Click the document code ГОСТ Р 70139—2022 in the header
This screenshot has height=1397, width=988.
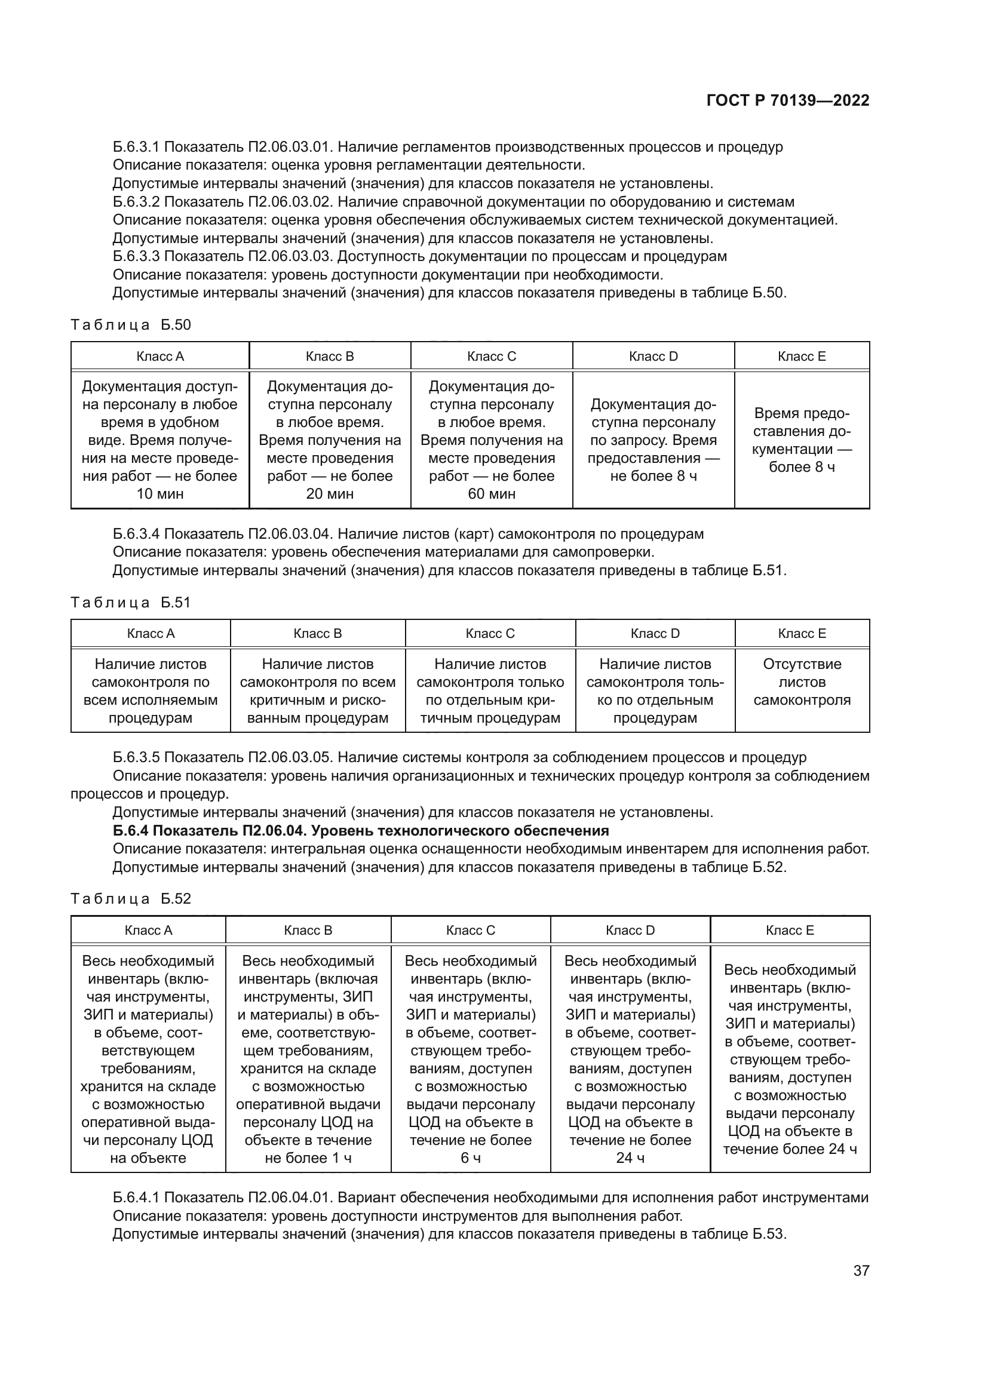[787, 101]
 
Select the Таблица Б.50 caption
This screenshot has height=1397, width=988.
[131, 325]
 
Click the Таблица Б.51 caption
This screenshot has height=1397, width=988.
[131, 603]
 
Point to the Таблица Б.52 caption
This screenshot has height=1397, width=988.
[131, 899]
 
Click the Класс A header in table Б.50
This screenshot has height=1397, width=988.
[160, 357]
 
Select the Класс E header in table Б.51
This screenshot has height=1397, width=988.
[802, 633]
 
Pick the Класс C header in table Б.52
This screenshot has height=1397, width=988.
[470, 931]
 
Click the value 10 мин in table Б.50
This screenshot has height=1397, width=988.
[160, 494]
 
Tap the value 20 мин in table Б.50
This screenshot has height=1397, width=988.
[330, 494]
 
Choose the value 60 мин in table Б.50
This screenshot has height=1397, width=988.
[492, 494]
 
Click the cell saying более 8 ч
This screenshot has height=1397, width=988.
[802, 467]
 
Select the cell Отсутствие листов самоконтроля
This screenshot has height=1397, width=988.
[802, 682]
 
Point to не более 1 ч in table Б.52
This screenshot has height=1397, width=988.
[308, 1158]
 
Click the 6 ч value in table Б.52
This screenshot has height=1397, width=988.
[470, 1158]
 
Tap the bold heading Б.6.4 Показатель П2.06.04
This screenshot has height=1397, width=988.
[361, 831]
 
